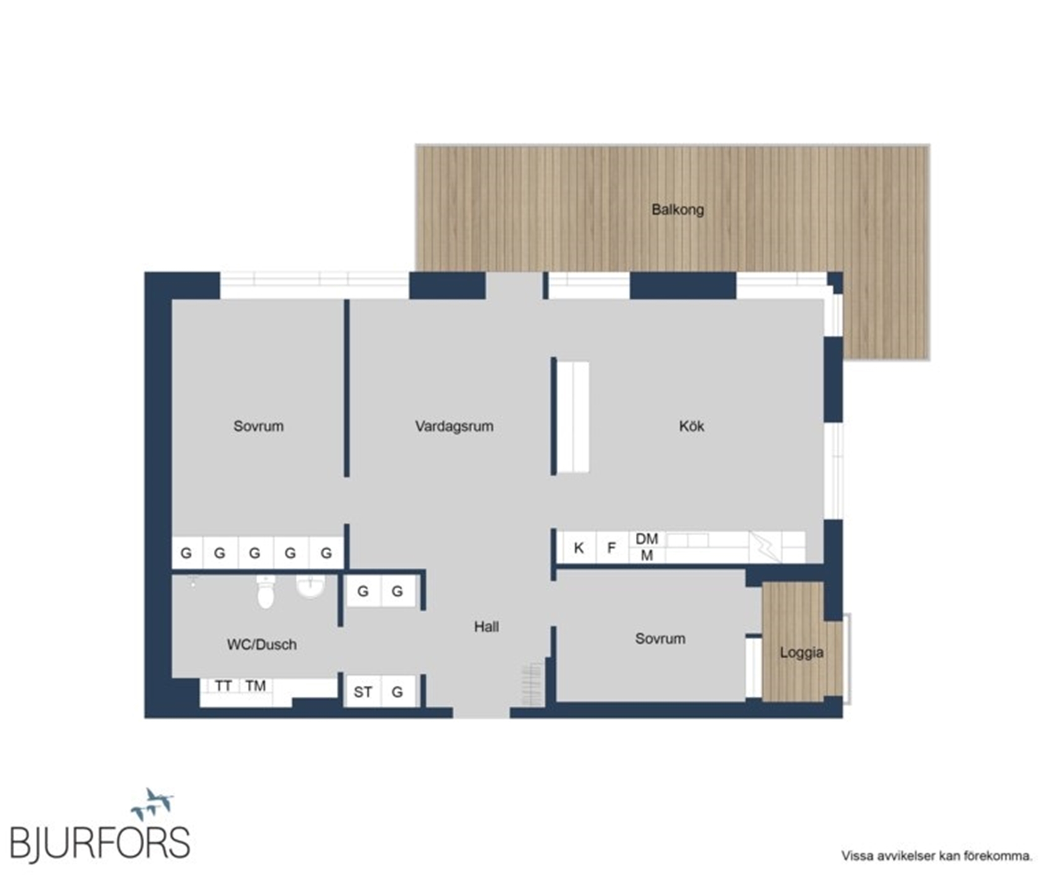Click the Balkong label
point(677,209)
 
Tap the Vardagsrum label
point(454,426)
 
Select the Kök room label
point(692,426)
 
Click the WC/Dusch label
point(262,644)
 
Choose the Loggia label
point(801,652)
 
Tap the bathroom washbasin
point(310,586)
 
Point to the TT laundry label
point(223,686)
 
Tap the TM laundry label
point(255,686)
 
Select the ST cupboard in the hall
point(363,691)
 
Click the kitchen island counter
point(572,417)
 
